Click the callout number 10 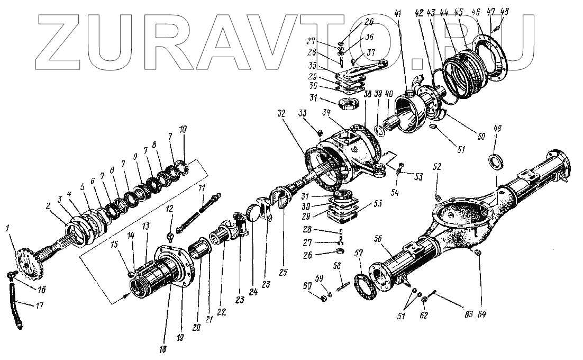(x=183, y=130)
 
